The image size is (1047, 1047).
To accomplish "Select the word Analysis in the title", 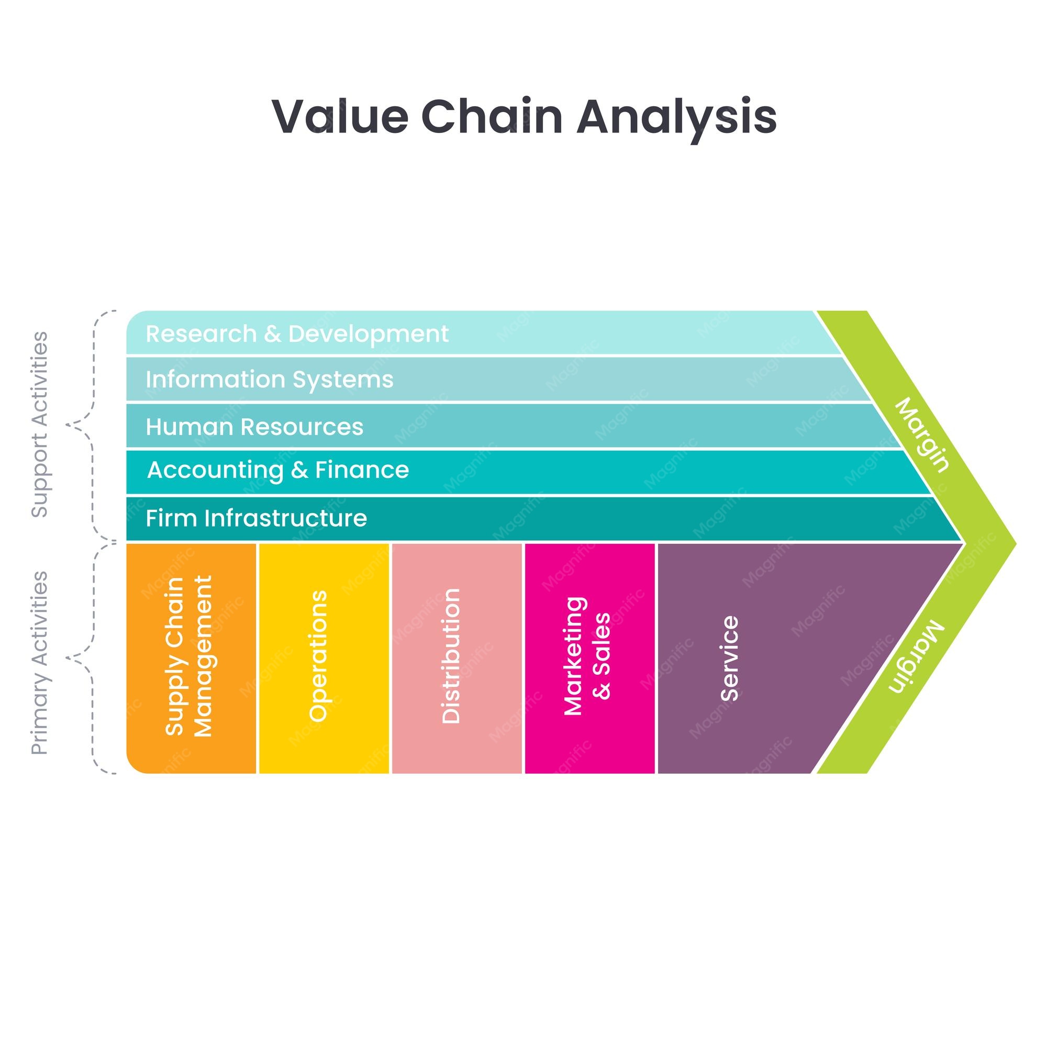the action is click(x=676, y=119).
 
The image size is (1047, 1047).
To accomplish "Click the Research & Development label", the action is click(x=297, y=334).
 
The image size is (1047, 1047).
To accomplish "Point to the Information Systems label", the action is click(x=269, y=380).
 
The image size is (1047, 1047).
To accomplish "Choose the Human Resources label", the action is click(x=254, y=427).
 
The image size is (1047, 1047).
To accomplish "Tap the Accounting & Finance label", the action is click(x=278, y=471).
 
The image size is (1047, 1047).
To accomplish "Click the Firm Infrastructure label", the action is click(x=257, y=518).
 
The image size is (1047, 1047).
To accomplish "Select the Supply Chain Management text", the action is click(x=188, y=656).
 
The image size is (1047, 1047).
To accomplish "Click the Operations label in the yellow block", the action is click(x=319, y=656).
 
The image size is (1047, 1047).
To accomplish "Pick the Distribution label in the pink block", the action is click(x=450, y=656).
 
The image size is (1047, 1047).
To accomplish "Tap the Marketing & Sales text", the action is click(x=587, y=656).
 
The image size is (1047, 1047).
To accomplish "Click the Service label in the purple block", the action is click(x=729, y=659).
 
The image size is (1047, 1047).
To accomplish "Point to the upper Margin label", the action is click(x=922, y=435).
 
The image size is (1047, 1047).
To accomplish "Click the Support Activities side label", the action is click(x=40, y=425).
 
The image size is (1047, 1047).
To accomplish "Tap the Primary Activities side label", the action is click(x=40, y=662).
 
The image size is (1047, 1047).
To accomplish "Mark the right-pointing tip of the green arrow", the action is click(x=1016, y=542).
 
